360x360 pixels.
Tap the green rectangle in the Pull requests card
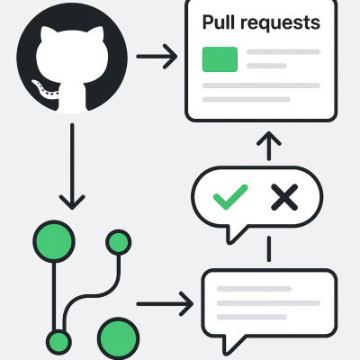point(220,59)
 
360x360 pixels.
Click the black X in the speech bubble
point(283,196)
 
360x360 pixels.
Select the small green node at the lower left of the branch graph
point(58,341)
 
